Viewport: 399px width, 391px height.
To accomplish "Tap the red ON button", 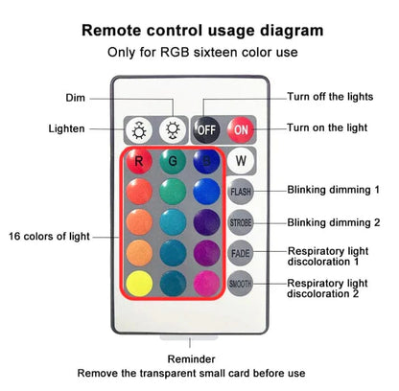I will tap(241, 128).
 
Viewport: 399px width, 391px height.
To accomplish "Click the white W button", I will tap(241, 161).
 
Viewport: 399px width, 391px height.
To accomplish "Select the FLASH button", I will tap(241, 192).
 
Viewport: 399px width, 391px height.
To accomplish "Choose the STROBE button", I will tap(241, 222).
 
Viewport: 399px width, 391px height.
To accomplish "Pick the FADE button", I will tap(241, 253).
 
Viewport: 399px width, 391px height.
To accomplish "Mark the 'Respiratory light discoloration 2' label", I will tap(329, 288).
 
